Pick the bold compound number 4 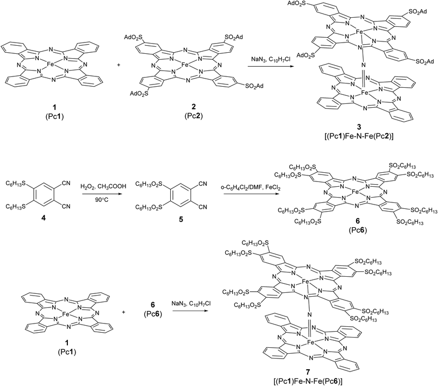click(x=34, y=219)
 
